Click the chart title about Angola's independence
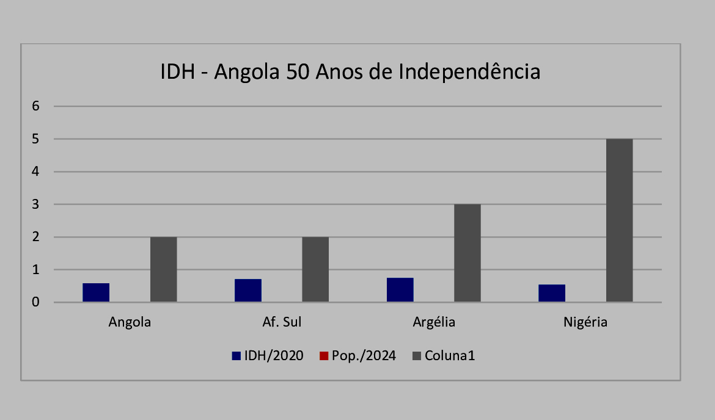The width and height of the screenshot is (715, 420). click(x=350, y=72)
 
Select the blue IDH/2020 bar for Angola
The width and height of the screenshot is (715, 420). click(x=96, y=292)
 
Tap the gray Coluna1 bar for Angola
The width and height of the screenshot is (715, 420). click(x=164, y=269)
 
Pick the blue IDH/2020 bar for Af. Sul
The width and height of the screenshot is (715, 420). click(x=248, y=291)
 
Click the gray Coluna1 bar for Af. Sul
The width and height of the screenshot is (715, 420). click(x=315, y=269)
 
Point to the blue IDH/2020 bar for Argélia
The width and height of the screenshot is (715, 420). click(x=400, y=290)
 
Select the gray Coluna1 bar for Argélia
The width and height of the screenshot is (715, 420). click(x=468, y=253)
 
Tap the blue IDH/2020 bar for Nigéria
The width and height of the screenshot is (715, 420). click(x=552, y=293)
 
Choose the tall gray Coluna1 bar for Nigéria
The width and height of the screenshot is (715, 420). click(x=619, y=220)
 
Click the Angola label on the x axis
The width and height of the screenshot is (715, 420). click(x=130, y=322)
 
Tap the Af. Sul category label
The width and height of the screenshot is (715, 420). click(x=282, y=322)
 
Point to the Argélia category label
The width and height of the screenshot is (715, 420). click(x=434, y=322)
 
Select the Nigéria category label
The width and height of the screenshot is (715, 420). click(x=585, y=322)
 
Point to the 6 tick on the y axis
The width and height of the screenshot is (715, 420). click(x=35, y=106)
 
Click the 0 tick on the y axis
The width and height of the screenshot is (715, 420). click(x=35, y=302)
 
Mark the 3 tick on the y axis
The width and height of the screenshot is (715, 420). click(x=35, y=205)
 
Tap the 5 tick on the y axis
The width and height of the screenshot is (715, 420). click(x=35, y=139)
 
